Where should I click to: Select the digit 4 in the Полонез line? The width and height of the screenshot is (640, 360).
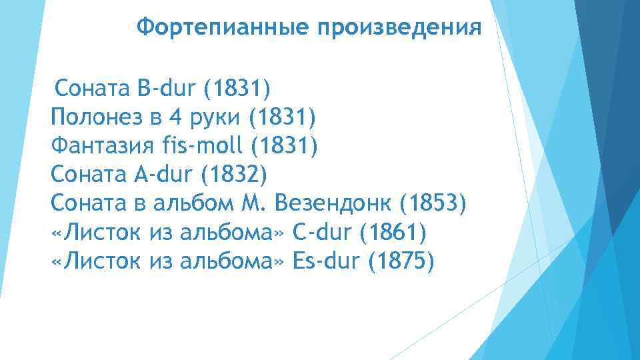[x=175, y=117]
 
